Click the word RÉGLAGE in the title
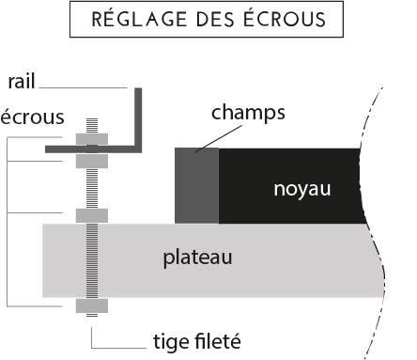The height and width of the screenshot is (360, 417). click(x=139, y=19)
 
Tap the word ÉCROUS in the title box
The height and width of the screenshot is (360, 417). click(x=285, y=19)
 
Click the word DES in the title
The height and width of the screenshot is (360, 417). click(x=215, y=20)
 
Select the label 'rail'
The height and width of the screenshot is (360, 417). click(x=22, y=82)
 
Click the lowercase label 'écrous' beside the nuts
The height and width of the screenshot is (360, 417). click(x=32, y=117)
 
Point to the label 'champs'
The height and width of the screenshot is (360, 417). click(x=248, y=113)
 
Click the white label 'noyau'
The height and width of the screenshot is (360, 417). click(x=302, y=189)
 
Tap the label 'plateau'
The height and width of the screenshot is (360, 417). click(x=197, y=258)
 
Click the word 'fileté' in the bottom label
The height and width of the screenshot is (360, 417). click(x=218, y=341)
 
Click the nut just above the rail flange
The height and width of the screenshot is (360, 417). click(x=92, y=139)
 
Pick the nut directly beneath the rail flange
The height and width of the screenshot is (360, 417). click(x=92, y=161)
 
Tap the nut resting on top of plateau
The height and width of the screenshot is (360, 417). click(x=92, y=215)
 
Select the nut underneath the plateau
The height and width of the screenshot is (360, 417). click(x=92, y=305)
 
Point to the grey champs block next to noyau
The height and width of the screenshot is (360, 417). click(x=197, y=186)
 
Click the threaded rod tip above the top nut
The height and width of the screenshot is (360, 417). click(x=92, y=126)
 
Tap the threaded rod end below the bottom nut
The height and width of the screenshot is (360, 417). click(x=92, y=315)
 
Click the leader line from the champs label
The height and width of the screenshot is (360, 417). click(x=219, y=138)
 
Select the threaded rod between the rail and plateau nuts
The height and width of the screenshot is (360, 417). click(x=92, y=188)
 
